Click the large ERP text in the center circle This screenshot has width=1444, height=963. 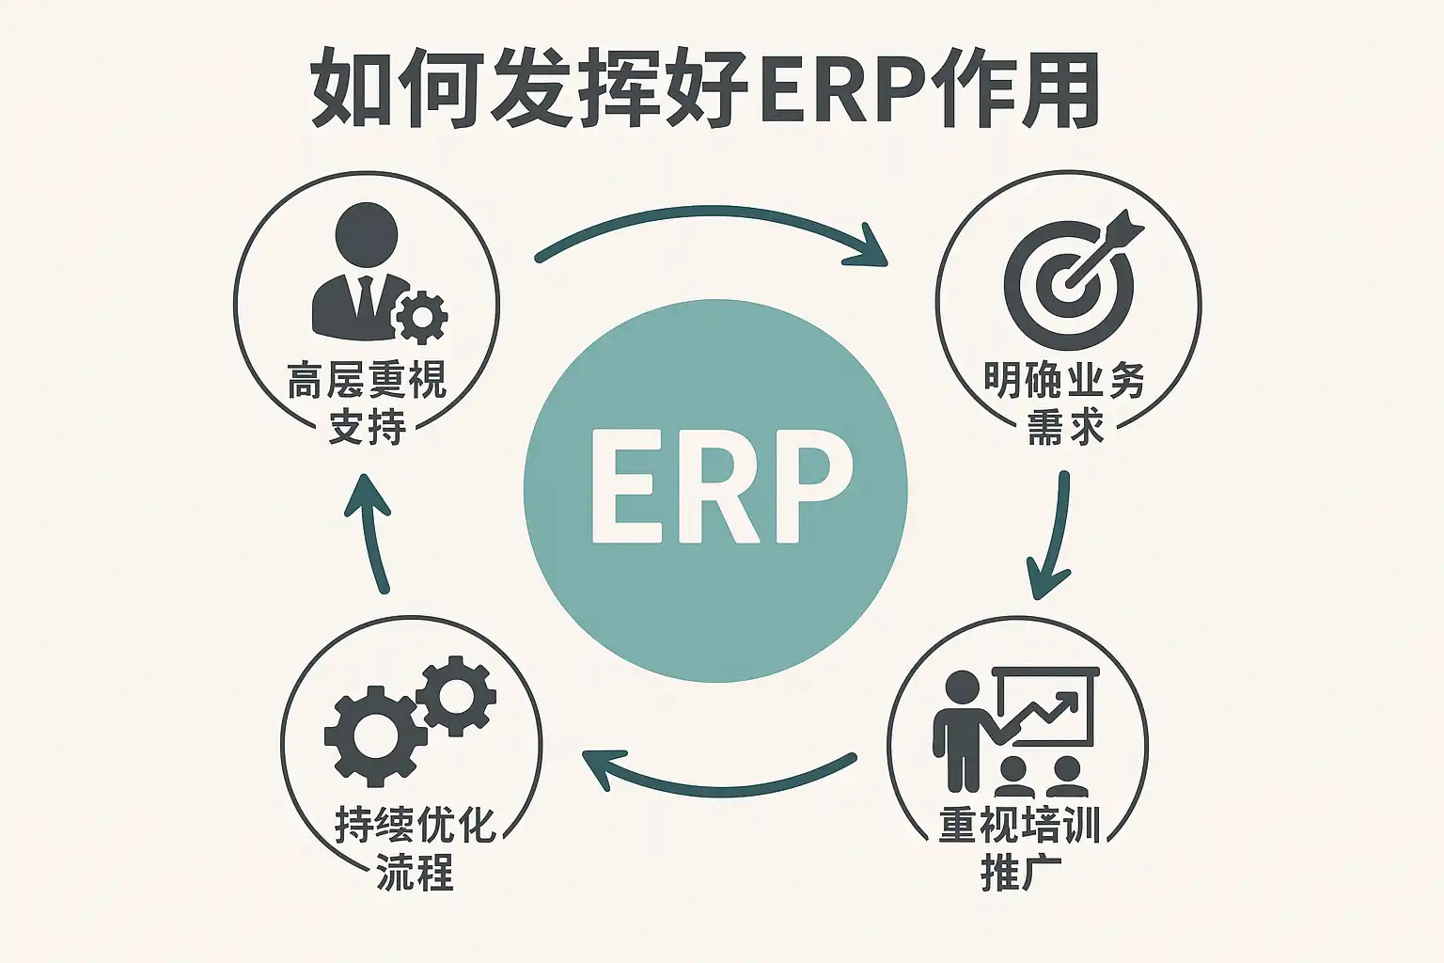(x=714, y=490)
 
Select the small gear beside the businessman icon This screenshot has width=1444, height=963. (x=421, y=316)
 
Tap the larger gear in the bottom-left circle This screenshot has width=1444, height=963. (x=368, y=735)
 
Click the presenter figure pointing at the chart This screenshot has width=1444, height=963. (x=961, y=729)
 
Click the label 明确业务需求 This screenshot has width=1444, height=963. (x=1064, y=404)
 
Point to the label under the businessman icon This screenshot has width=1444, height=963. (x=367, y=404)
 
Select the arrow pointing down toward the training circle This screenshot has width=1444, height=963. (x=1053, y=536)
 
